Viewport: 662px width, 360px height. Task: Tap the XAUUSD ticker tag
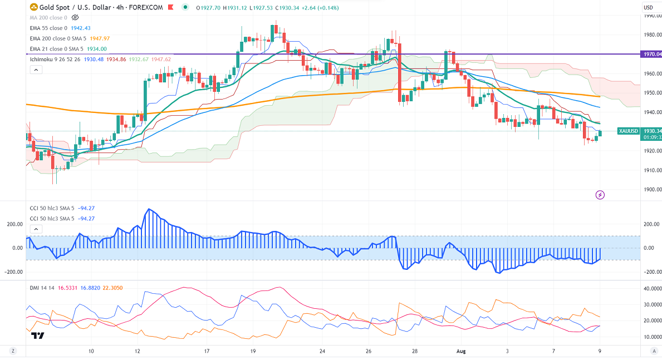click(628, 131)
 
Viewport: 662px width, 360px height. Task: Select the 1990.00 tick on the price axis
click(648, 16)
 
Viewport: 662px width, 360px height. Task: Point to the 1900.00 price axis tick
click(648, 189)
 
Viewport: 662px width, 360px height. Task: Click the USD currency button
click(648, 7)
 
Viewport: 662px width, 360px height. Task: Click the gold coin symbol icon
click(33, 7)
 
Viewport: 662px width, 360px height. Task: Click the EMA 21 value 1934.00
click(96, 48)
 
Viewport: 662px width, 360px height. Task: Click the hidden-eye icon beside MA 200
click(76, 17)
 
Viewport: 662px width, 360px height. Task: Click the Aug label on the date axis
click(460, 351)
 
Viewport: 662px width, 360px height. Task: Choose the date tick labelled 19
click(253, 351)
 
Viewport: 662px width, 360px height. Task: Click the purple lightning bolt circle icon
click(600, 195)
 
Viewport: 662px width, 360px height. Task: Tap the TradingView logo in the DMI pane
click(38, 336)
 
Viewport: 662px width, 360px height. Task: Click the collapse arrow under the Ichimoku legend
click(36, 70)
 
